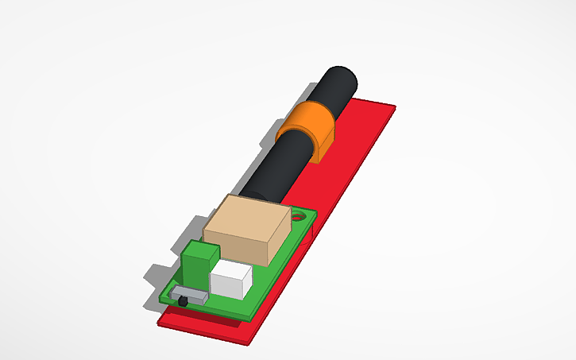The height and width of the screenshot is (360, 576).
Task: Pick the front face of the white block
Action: coord(227,288)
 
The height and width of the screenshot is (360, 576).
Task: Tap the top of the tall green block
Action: coord(200,250)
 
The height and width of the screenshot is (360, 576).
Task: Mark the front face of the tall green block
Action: coord(195,274)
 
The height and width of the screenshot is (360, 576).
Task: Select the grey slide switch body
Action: coord(192,295)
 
